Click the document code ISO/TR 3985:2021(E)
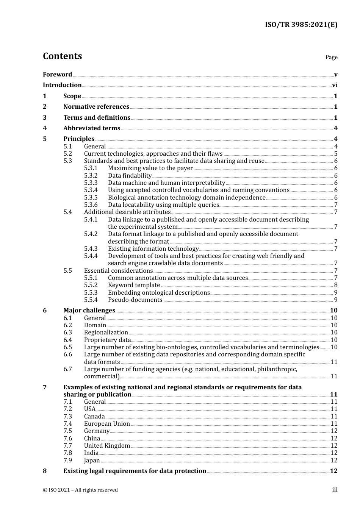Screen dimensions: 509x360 (301, 25)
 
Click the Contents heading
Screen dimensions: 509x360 (62, 56)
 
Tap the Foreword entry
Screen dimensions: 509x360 (57, 74)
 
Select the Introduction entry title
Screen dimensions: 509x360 (62, 85)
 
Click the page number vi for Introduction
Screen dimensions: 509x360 (335, 85)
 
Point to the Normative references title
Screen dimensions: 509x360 (96, 106)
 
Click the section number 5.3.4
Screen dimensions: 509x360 (91, 190)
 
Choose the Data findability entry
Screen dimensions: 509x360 (130, 175)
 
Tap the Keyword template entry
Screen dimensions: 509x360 (134, 285)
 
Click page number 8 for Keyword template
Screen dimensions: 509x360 (336, 285)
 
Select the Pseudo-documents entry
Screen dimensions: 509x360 (135, 300)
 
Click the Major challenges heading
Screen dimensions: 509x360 (89, 310)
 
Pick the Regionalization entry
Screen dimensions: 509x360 (106, 333)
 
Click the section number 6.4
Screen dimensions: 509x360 (68, 340)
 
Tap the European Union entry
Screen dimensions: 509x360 (107, 423)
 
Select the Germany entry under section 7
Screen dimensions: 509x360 (97, 431)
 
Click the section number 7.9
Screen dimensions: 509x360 (68, 460)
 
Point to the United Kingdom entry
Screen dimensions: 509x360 (107, 445)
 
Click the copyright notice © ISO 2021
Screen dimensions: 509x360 (80, 490)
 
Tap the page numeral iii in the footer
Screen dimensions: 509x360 (335, 490)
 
